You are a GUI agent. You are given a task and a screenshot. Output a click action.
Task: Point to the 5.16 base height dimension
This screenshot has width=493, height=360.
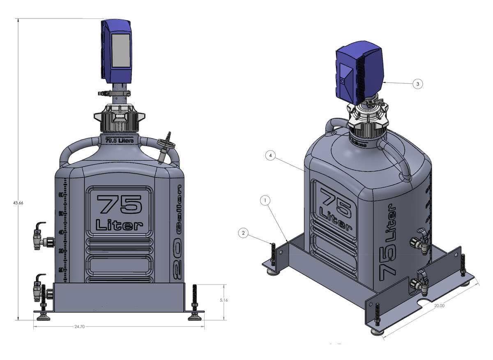click(224, 300)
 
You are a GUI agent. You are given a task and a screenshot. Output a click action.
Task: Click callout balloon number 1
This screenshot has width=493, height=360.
click(266, 201)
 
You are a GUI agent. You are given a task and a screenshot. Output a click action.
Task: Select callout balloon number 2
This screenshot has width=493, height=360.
click(243, 233)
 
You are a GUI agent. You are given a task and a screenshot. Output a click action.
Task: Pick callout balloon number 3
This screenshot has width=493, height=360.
click(417, 83)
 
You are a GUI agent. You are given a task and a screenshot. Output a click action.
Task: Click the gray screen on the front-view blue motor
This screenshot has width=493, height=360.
click(121, 51)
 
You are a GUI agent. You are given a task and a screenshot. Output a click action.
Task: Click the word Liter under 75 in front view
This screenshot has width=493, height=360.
click(119, 225)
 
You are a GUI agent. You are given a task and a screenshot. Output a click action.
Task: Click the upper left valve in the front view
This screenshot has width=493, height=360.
click(41, 237)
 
